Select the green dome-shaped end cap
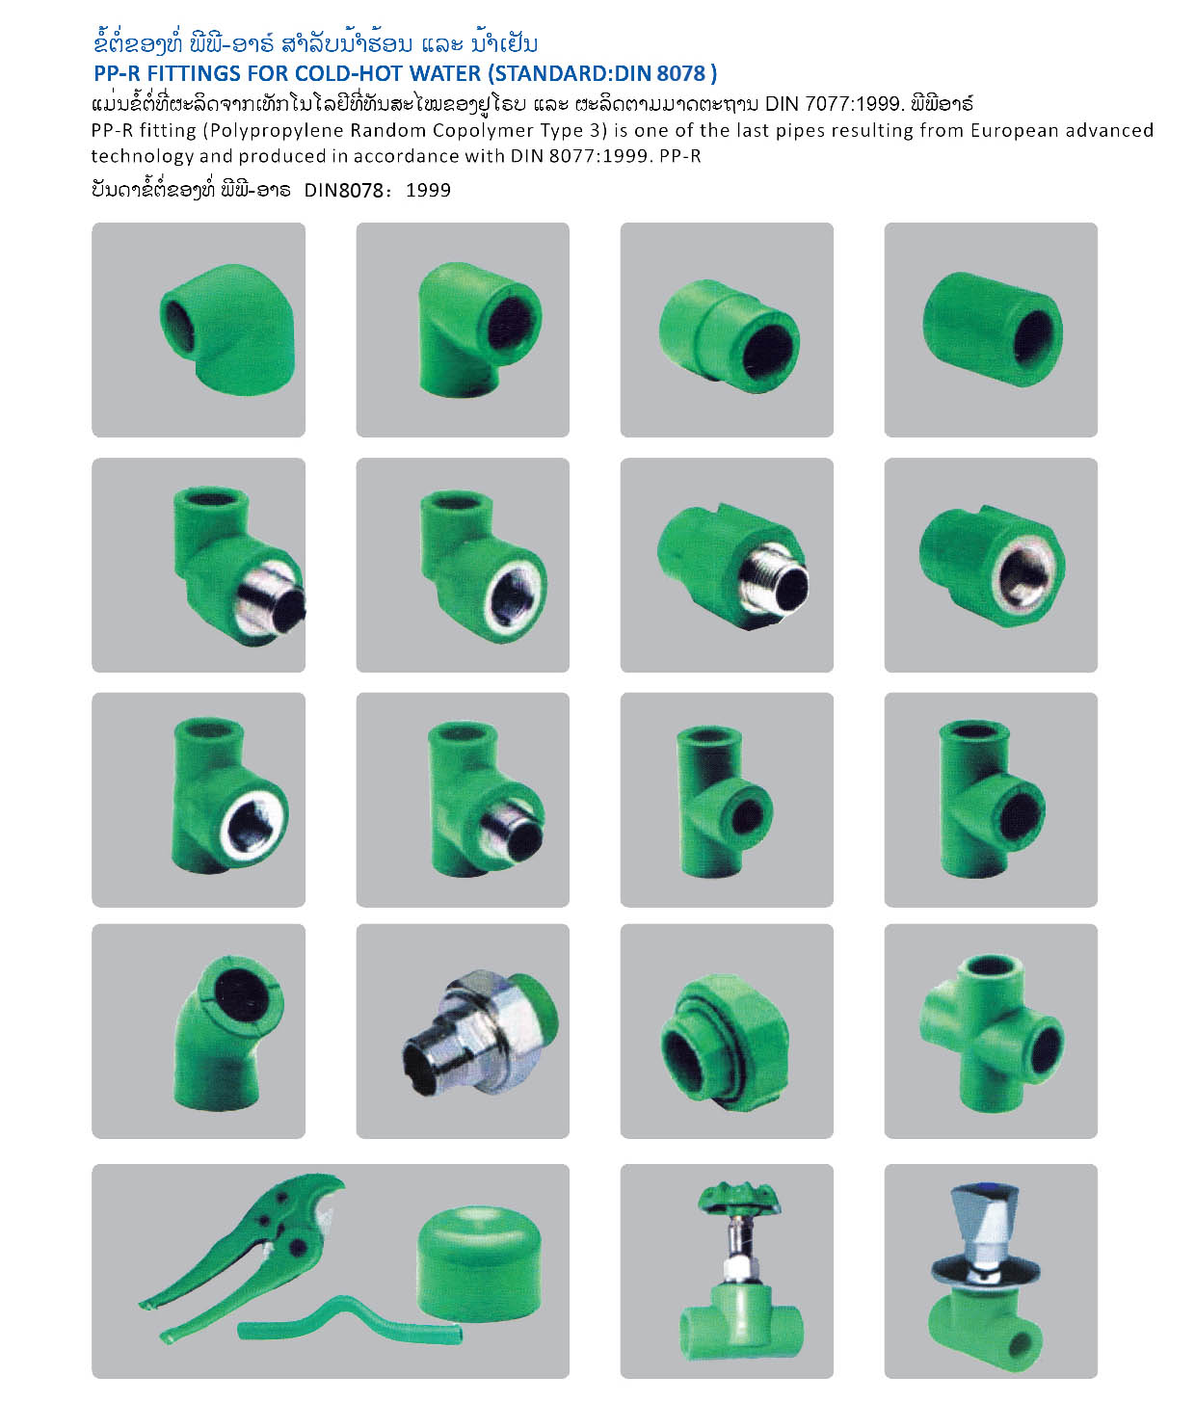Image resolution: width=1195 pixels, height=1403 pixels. click(x=479, y=1256)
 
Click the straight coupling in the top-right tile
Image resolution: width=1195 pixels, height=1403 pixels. click(x=993, y=330)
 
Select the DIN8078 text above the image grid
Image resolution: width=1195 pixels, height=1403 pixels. click(x=344, y=191)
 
